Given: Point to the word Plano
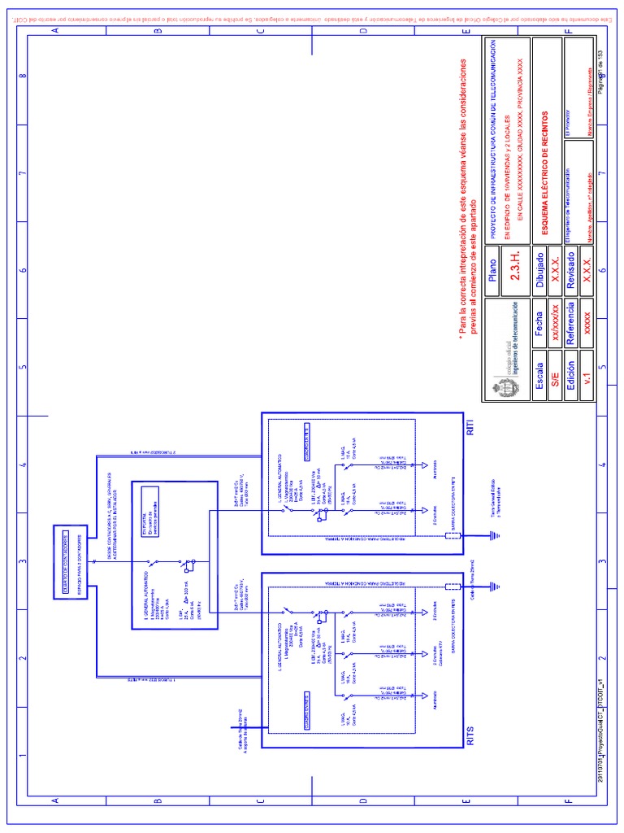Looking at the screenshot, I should pyautogui.click(x=492, y=274).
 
